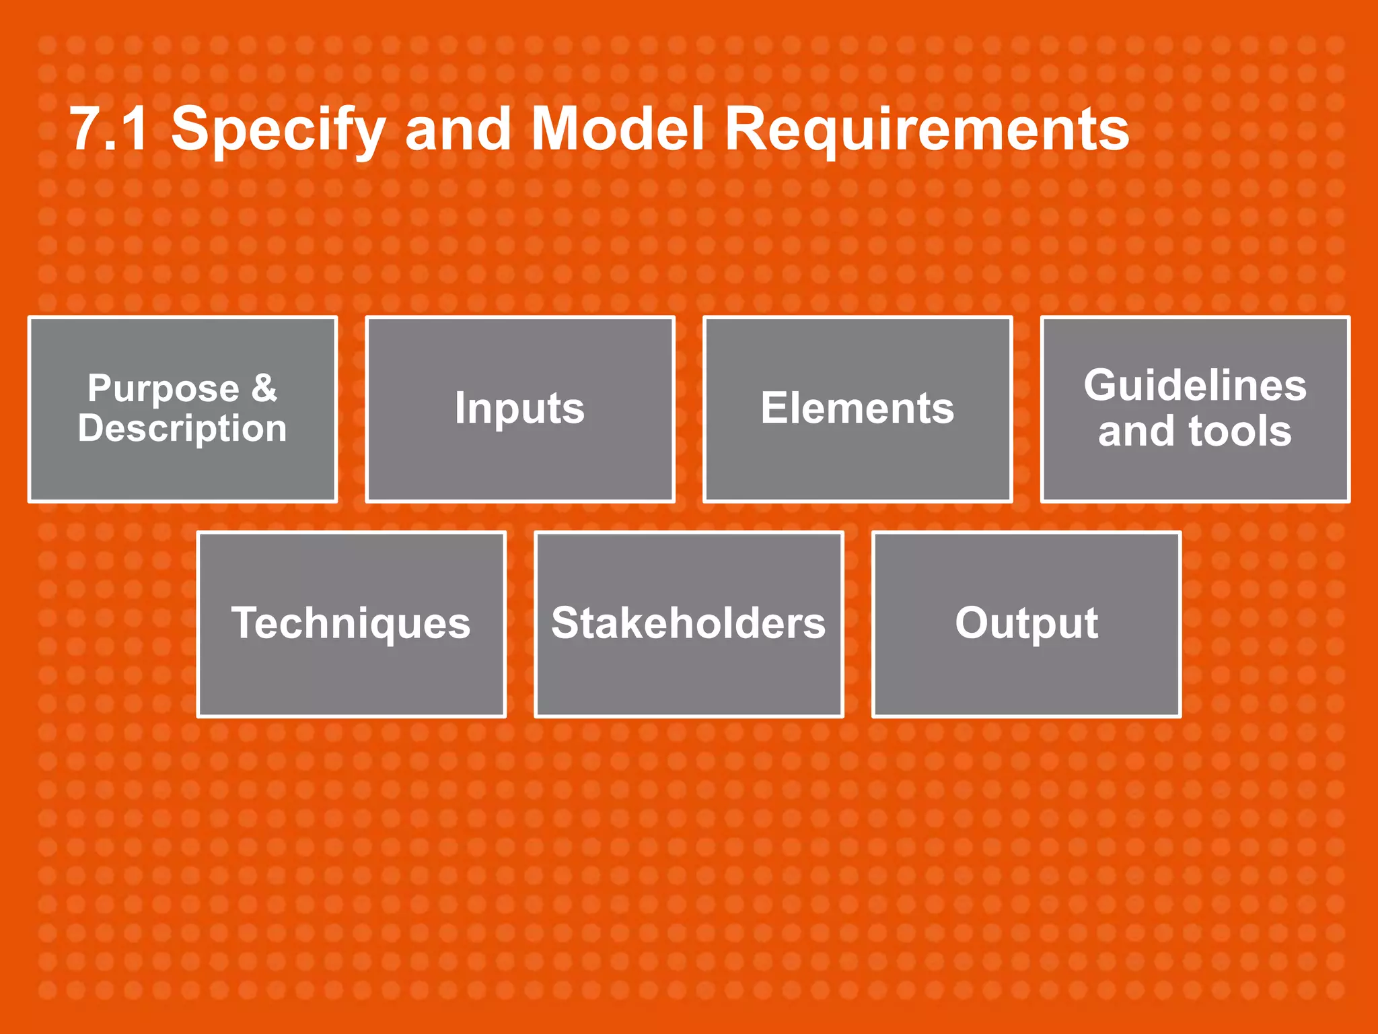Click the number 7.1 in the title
(x=108, y=129)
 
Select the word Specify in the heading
(x=278, y=129)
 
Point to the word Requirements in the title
(x=927, y=129)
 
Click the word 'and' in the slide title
(x=457, y=129)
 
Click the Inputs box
(x=519, y=409)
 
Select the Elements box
(x=857, y=409)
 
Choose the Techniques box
(x=351, y=624)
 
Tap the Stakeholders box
(x=688, y=624)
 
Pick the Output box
(x=1026, y=624)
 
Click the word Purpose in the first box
(x=164, y=389)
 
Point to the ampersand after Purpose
(x=264, y=388)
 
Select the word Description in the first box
(x=182, y=429)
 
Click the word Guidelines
(x=1195, y=386)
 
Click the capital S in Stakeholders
(x=565, y=623)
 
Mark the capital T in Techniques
(x=246, y=622)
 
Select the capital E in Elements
(x=774, y=407)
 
